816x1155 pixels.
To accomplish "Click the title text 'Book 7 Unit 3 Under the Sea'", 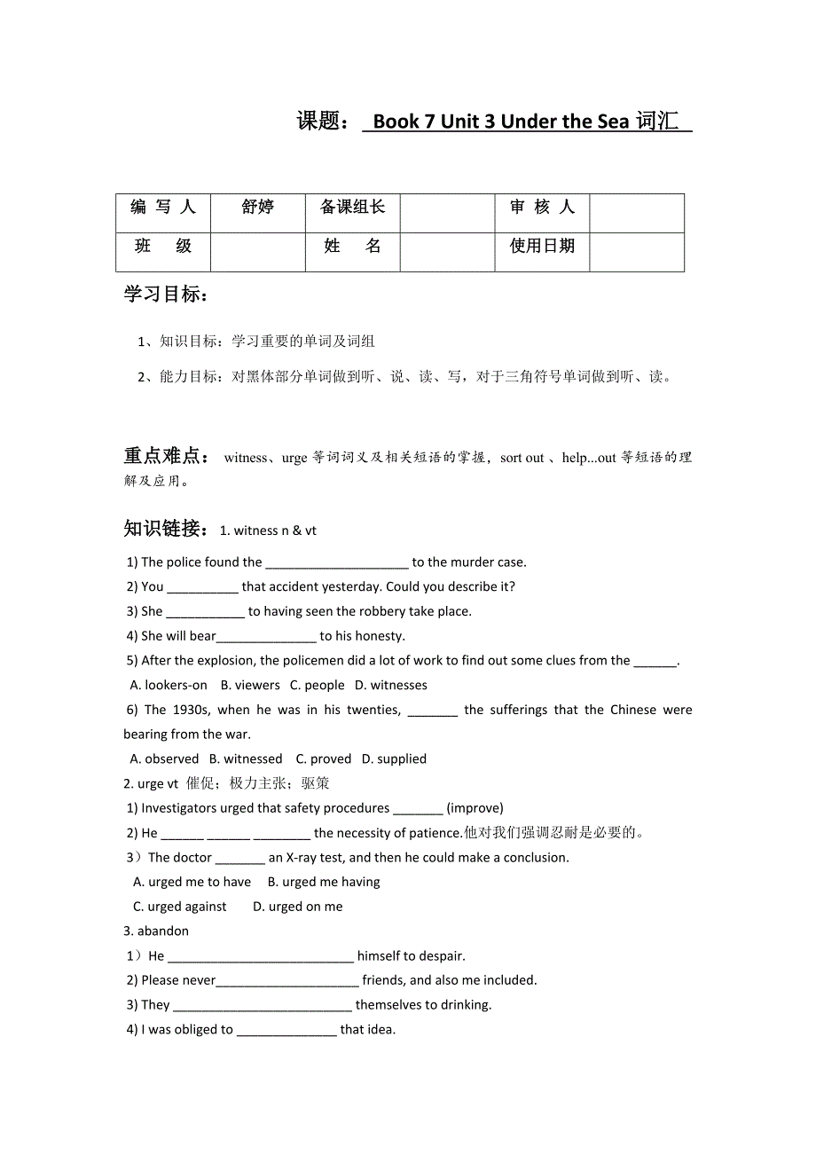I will [501, 122].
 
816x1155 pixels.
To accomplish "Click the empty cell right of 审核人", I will [636, 213].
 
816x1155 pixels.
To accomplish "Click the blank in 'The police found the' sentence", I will [337, 562].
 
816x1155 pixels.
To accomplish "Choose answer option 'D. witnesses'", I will [391, 685].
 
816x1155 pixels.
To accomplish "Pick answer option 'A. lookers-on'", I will [169, 685].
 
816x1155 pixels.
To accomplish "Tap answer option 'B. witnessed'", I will [246, 758].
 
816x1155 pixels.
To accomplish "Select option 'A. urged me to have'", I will [192, 882].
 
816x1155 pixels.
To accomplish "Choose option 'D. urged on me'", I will [297, 907].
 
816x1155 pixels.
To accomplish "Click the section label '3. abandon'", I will [156, 931].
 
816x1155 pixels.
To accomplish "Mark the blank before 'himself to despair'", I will [261, 956].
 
